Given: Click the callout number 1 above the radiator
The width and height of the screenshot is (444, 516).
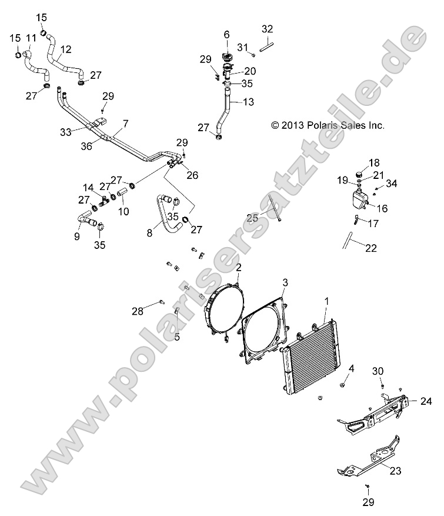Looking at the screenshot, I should click(x=327, y=301).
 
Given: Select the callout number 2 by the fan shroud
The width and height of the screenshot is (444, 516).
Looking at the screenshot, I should click(x=238, y=268).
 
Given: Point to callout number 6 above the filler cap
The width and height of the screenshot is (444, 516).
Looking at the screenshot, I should click(x=226, y=35).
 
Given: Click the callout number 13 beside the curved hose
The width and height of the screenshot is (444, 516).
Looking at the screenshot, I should click(x=248, y=102).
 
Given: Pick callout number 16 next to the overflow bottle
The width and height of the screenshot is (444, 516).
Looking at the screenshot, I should click(x=382, y=208).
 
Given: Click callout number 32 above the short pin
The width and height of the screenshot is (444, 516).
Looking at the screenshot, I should click(x=267, y=29).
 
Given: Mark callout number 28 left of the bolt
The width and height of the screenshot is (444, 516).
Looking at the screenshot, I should click(x=137, y=310).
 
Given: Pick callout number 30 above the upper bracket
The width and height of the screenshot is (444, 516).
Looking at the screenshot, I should click(x=377, y=371).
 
